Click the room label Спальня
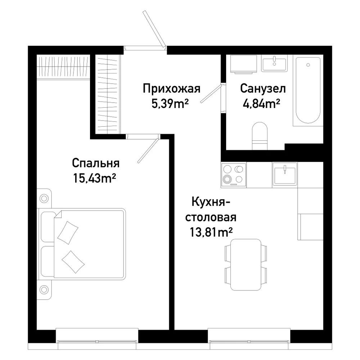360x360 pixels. [x=96, y=163]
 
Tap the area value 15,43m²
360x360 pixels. [x=94, y=178]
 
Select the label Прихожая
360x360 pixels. [x=171, y=89]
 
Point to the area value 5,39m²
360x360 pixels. [x=170, y=104]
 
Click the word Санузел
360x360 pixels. [x=263, y=89]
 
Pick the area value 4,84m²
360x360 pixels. [x=261, y=103]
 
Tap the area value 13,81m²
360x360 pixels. [x=211, y=232]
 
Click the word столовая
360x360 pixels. [x=211, y=218]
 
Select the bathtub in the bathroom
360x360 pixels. [x=308, y=90]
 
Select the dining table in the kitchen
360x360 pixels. [x=246, y=265]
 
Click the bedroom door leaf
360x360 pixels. [x=148, y=150]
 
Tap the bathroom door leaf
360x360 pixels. [x=212, y=94]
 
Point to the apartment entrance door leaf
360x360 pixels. [x=154, y=29]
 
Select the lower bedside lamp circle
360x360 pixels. [x=44, y=289]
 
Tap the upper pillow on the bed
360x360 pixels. [x=68, y=233]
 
